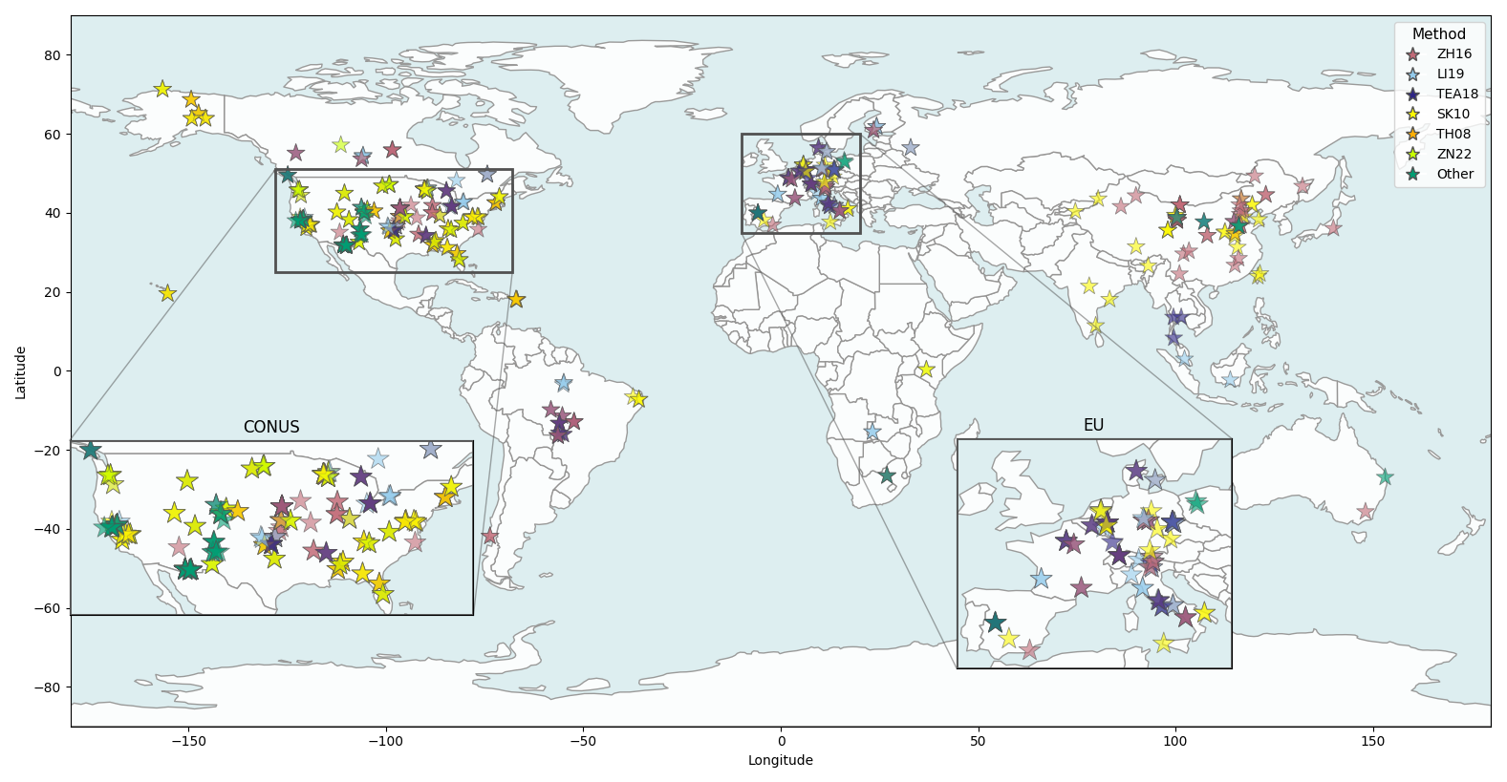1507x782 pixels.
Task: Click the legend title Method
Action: coord(1438,33)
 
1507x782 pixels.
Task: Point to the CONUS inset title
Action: coord(271,427)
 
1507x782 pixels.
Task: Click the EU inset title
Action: coord(1093,425)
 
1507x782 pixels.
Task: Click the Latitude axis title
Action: coord(20,372)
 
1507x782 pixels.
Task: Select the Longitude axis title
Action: coord(781,760)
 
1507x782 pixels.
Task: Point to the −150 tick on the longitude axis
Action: coord(188,741)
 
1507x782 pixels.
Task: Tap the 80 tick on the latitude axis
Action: coord(53,55)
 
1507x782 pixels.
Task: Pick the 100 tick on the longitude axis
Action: coord(1175,741)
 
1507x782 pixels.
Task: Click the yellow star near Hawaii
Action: coord(167,293)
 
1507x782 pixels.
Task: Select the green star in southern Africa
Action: coord(888,476)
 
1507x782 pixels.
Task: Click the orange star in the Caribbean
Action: coord(516,299)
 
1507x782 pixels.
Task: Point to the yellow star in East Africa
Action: coord(926,370)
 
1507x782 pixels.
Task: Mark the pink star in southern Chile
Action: coord(490,537)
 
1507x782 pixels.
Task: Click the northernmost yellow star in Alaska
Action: coord(162,89)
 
